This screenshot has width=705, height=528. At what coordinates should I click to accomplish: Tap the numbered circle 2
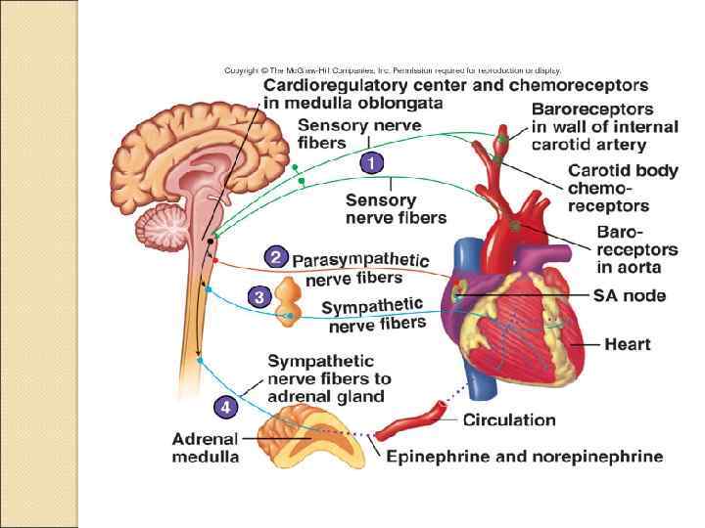276,258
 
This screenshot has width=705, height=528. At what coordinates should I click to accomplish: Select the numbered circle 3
258,297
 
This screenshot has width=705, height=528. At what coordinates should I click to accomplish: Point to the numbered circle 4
226,404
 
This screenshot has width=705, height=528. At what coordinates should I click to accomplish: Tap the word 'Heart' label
628,344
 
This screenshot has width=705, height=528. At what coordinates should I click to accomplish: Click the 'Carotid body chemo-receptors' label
622,188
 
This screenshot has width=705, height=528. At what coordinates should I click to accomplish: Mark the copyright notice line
392,70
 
